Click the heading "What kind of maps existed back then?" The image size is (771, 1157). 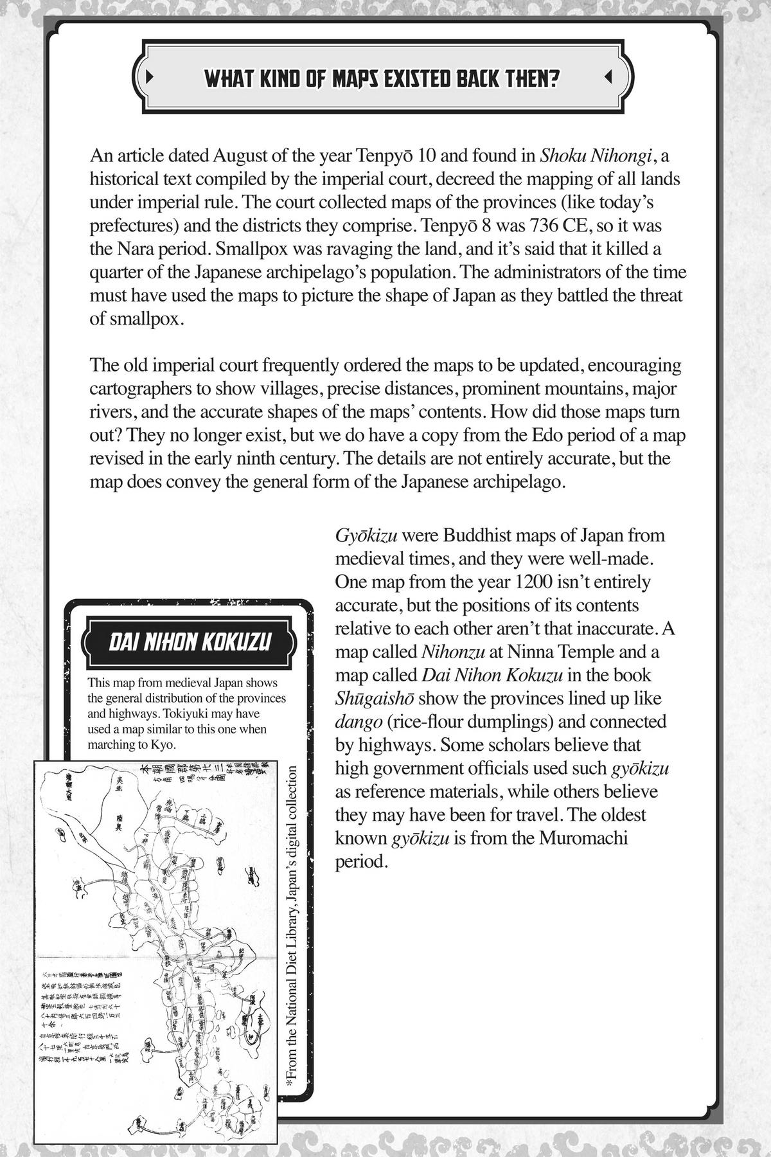click(382, 78)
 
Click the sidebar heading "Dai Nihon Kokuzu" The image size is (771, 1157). click(190, 642)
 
